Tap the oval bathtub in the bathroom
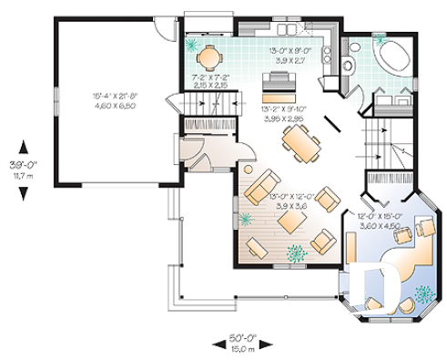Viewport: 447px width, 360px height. click(x=395, y=57)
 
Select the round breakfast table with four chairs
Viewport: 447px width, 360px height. click(x=209, y=57)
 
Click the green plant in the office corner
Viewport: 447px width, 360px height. click(x=423, y=293)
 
